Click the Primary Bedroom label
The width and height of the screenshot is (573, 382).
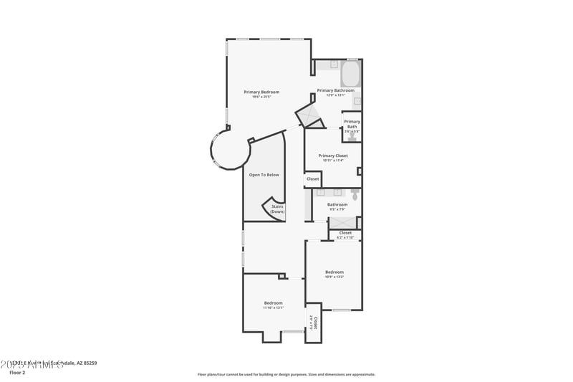click(x=261, y=92)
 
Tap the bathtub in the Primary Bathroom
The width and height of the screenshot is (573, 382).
click(x=350, y=74)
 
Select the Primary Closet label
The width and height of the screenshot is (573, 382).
click(x=333, y=156)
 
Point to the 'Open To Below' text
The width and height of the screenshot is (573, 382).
click(x=264, y=175)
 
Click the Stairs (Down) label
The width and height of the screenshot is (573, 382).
click(x=277, y=209)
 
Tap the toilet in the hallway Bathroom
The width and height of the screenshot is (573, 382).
click(x=355, y=193)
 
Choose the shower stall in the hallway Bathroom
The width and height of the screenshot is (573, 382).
click(x=342, y=222)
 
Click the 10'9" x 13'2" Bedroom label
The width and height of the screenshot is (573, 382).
click(x=334, y=272)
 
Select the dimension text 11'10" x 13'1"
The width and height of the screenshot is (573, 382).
click(x=273, y=307)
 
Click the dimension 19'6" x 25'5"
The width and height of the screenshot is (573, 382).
click(x=261, y=97)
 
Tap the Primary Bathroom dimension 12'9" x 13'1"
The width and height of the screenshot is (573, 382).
click(x=336, y=95)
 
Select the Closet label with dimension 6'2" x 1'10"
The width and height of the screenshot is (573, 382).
click(x=345, y=233)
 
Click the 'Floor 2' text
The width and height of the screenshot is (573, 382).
click(x=17, y=373)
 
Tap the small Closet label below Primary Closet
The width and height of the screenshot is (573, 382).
click(x=313, y=179)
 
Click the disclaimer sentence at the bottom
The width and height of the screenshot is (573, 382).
click(x=286, y=374)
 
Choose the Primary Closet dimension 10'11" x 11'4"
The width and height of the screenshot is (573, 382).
click(x=333, y=161)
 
